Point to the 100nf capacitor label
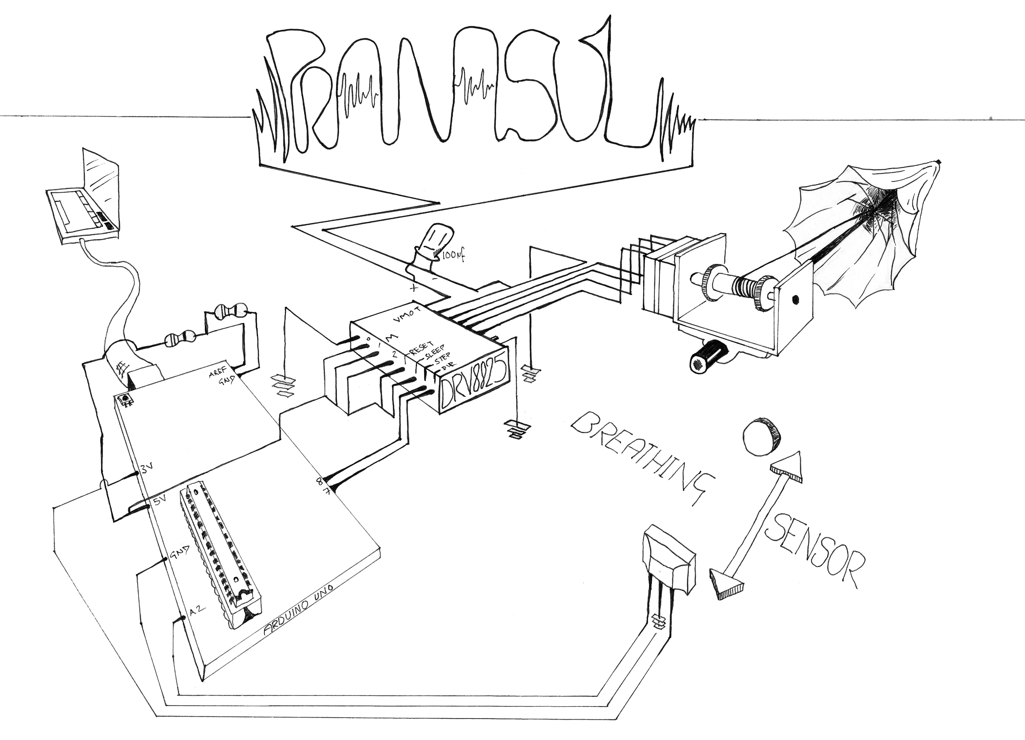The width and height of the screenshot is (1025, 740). point(453,256)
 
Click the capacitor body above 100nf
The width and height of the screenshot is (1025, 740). point(432,240)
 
